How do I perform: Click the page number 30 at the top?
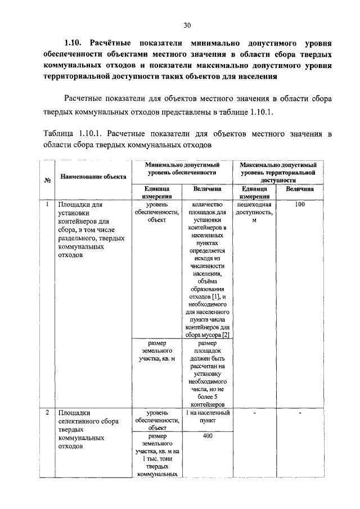[x=187, y=25]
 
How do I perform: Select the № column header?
[x=48, y=180]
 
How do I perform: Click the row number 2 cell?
[x=48, y=413]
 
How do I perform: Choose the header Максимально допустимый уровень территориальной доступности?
[x=278, y=173]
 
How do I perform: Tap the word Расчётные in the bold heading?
[x=116, y=43]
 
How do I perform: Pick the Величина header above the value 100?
[x=300, y=190]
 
